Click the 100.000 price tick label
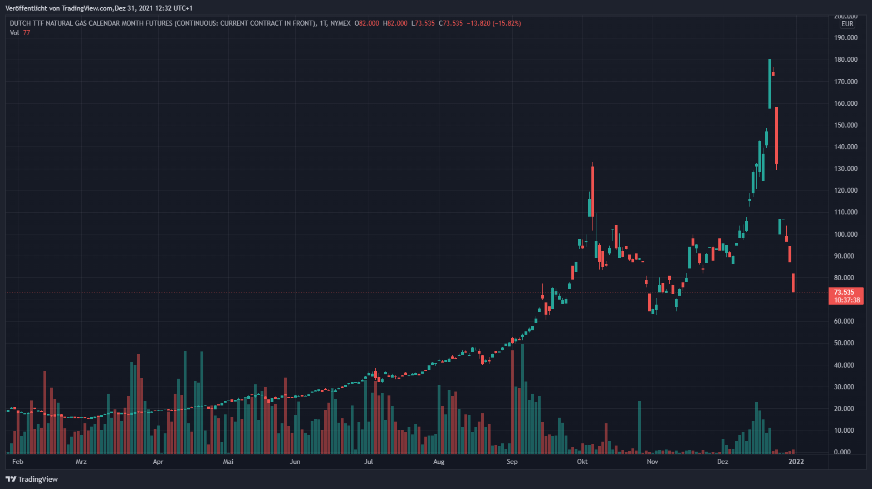845,234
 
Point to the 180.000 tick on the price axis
845,60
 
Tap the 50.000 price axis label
845,343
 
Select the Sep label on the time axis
512,462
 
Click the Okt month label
582,462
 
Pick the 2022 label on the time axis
796,462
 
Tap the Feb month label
18,462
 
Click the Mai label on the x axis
228,462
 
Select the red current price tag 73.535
844,292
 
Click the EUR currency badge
847,24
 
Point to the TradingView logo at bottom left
32,479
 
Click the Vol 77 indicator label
20,33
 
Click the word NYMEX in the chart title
340,23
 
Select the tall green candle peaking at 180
770,84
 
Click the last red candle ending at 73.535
793,283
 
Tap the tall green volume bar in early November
639,426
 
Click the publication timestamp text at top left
99,8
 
